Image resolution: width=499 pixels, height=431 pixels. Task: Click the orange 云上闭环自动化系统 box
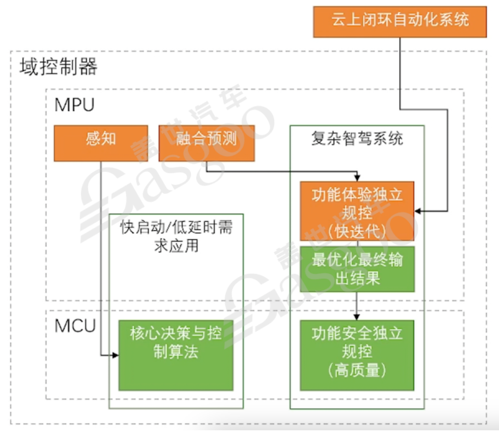(x=400, y=21)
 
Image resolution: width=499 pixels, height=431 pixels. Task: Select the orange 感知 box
(x=101, y=143)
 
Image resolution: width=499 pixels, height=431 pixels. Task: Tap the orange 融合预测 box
(x=207, y=143)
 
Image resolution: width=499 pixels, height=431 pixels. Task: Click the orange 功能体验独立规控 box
(x=357, y=211)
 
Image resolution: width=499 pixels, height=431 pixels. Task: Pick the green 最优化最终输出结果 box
(x=357, y=269)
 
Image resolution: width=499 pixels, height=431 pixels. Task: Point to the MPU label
(x=75, y=105)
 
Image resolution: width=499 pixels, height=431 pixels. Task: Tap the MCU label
(x=75, y=326)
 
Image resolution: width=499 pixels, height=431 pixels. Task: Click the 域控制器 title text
(x=58, y=67)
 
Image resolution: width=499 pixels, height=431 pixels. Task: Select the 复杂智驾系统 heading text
(x=357, y=139)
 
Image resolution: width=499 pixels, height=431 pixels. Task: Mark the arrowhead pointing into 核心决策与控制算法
(x=115, y=355)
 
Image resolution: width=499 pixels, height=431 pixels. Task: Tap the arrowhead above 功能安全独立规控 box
(x=357, y=316)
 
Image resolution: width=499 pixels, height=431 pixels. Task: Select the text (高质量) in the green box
(x=357, y=370)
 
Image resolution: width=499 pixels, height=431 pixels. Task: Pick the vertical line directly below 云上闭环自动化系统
(x=400, y=72)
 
